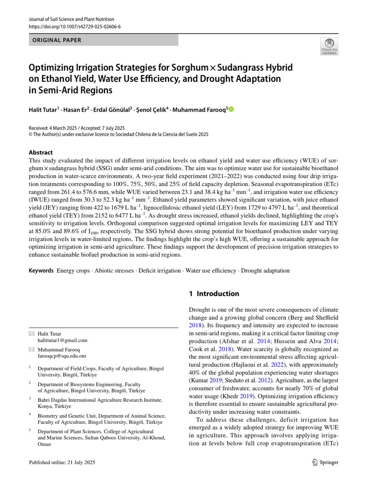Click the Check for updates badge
point(329,46)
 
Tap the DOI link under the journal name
point(75,26)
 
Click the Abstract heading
point(41,153)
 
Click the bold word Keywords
point(41,271)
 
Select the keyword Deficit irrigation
point(160,271)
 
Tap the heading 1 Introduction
point(214,294)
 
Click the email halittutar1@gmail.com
point(62,340)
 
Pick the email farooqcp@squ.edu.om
point(62,356)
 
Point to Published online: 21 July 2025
point(62,462)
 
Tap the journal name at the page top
point(72,19)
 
